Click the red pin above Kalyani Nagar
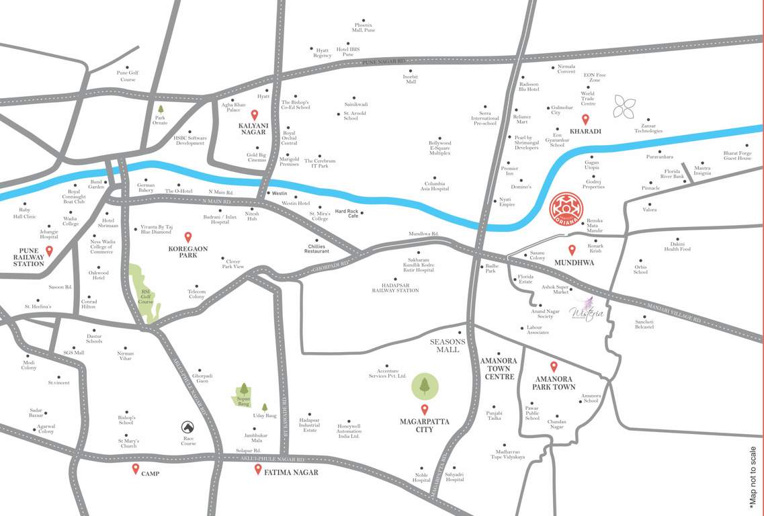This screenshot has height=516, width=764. click(255, 115)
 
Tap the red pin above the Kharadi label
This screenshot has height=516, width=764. click(585, 120)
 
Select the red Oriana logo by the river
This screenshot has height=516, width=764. click(562, 209)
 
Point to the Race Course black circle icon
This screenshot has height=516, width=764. click(188, 427)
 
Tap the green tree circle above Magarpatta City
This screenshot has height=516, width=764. click(425, 386)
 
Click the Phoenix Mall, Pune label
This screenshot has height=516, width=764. click(365, 28)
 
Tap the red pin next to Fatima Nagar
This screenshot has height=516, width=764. click(258, 469)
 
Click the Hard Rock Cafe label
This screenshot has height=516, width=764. click(347, 214)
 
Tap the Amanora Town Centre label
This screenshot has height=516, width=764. click(499, 369)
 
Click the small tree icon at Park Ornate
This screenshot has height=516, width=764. click(160, 108)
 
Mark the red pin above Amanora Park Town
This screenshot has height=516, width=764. click(554, 367)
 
